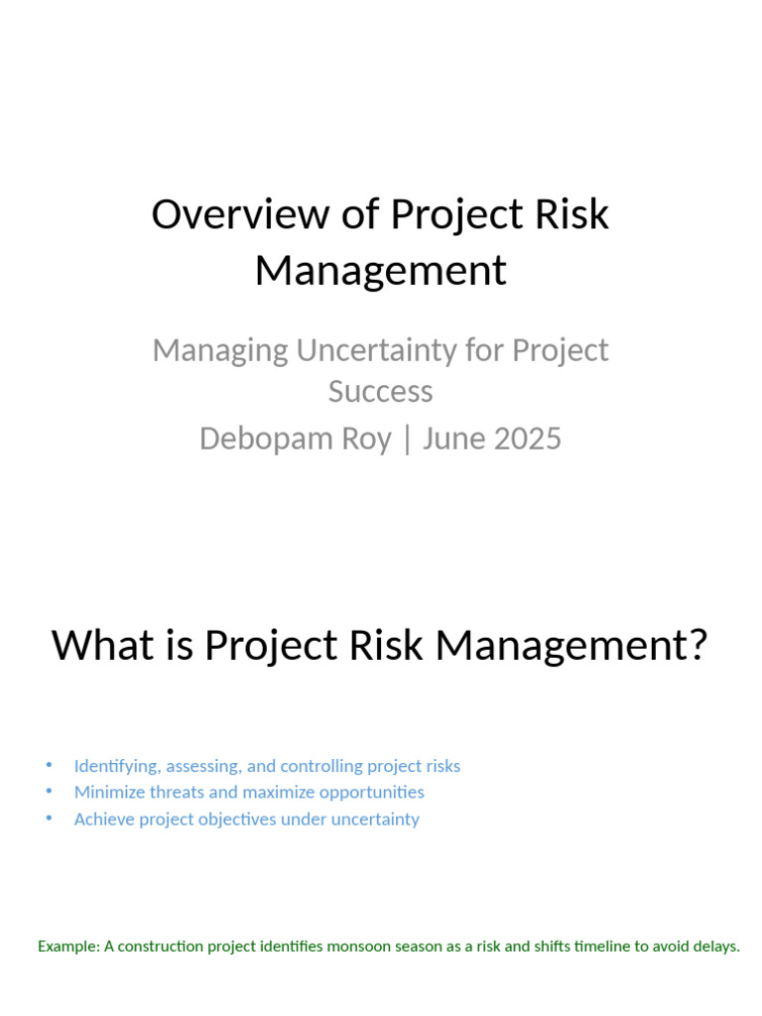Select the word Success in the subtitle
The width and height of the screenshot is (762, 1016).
coord(380,391)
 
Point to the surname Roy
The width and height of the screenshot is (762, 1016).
coord(366,439)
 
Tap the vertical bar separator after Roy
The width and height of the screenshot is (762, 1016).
coord(407,439)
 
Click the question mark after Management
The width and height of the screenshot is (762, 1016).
coord(697,645)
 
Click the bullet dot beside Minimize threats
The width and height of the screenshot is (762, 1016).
coord(50,791)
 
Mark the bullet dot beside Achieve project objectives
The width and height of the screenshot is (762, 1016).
coord(50,818)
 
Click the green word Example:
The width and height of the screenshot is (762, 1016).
coord(69,947)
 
